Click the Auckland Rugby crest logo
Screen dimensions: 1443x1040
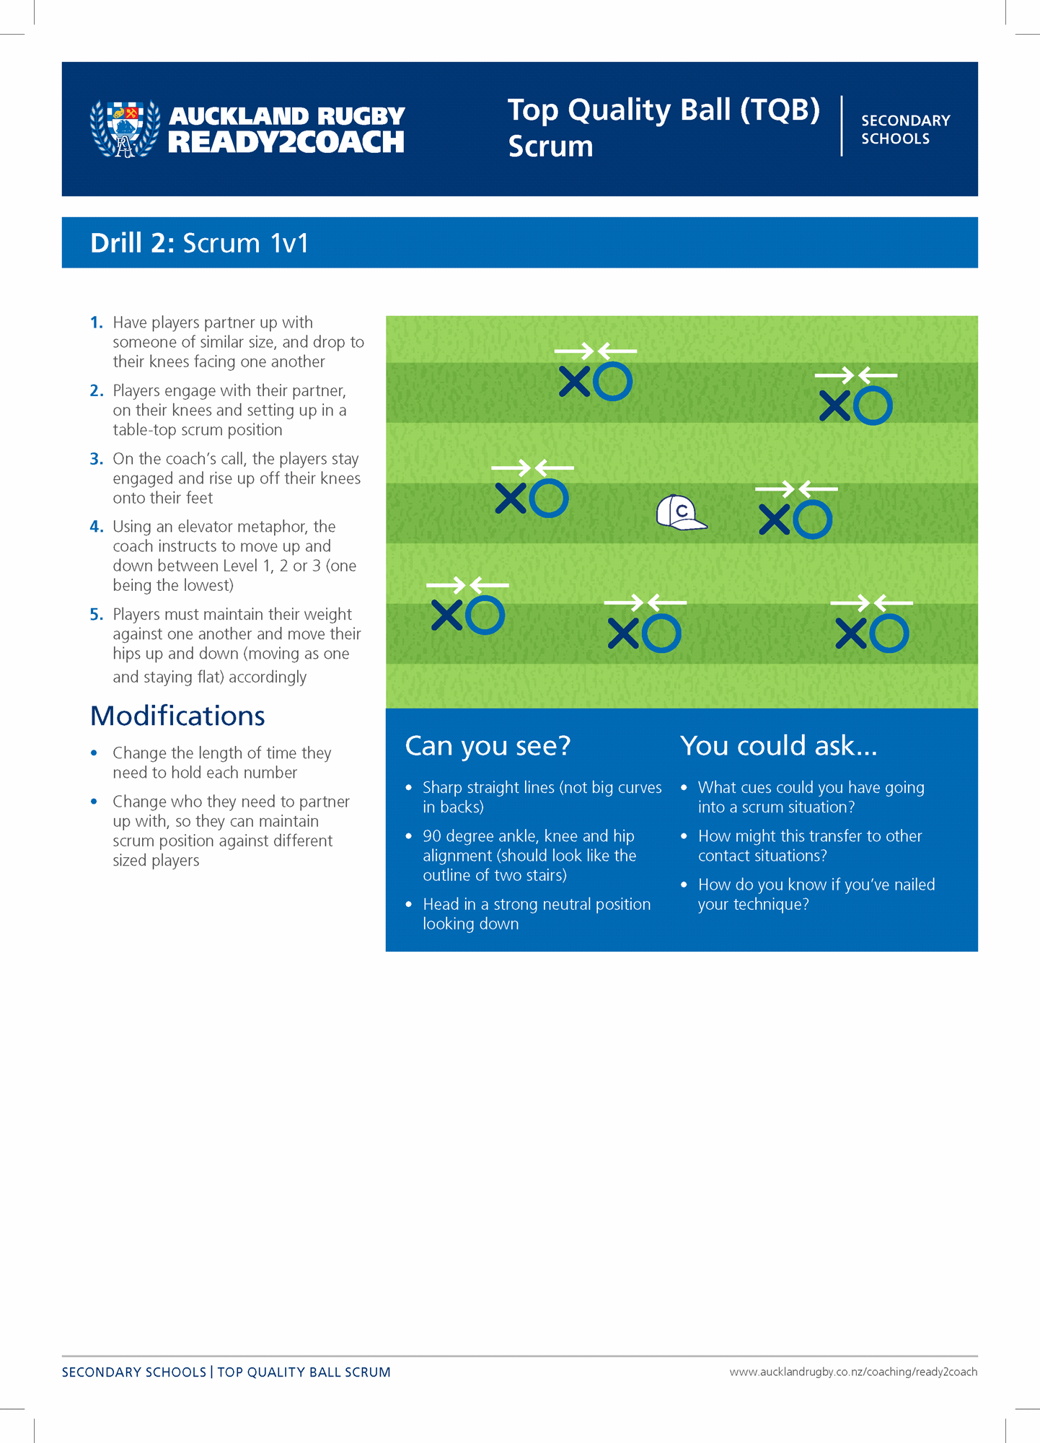(x=125, y=128)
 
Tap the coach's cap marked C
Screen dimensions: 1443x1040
(x=680, y=513)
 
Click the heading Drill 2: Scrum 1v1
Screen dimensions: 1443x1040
(x=199, y=243)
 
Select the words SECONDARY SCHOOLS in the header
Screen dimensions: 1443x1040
(x=905, y=130)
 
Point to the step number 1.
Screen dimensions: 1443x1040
(x=97, y=323)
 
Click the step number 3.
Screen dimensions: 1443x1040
(x=97, y=459)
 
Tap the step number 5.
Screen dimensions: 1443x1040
(x=97, y=615)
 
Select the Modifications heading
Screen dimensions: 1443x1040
(x=177, y=716)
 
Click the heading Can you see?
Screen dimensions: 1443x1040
(x=488, y=746)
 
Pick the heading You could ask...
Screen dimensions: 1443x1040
(x=778, y=746)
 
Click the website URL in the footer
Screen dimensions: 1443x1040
(x=852, y=1372)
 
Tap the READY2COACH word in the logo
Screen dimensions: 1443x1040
(x=286, y=143)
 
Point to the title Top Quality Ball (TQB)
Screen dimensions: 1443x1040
(x=664, y=110)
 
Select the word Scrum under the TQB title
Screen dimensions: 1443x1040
(x=550, y=146)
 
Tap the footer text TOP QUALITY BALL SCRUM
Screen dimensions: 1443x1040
(x=304, y=1372)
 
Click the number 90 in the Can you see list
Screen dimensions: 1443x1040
(x=432, y=836)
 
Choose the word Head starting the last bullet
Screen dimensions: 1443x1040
(x=440, y=905)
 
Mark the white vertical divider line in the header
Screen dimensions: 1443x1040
(x=842, y=126)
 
